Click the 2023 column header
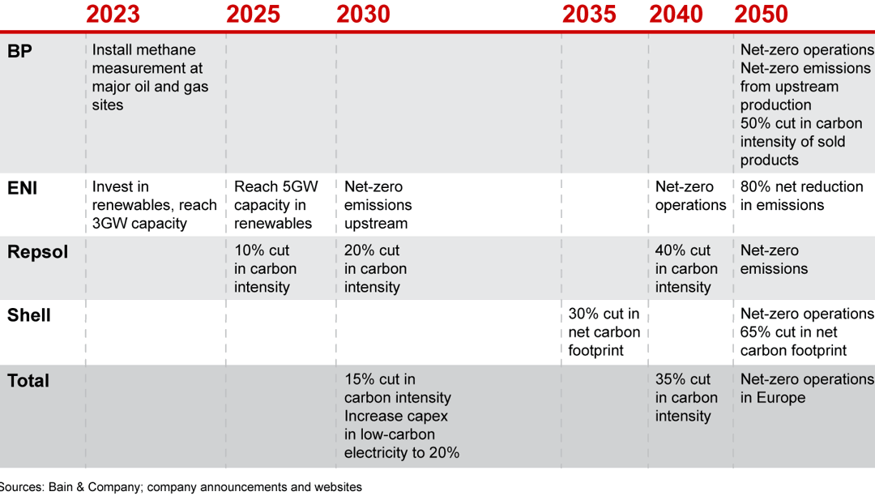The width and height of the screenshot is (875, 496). click(113, 14)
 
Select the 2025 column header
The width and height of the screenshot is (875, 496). click(253, 14)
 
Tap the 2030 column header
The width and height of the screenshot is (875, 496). click(363, 14)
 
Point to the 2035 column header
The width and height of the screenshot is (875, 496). click(589, 14)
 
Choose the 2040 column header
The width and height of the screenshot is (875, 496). click(676, 14)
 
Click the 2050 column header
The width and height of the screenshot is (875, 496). click(761, 14)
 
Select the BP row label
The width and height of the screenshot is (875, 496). click(19, 51)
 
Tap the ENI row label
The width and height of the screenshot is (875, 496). click(22, 188)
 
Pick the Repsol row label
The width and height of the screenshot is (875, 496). click(37, 252)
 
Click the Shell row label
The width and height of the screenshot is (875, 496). click(29, 315)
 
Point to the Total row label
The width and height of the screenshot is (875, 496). click(28, 381)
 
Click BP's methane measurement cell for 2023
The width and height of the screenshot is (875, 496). click(150, 77)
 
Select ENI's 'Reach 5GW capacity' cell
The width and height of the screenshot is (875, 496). click(275, 204)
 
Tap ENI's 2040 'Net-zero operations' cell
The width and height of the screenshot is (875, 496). click(690, 195)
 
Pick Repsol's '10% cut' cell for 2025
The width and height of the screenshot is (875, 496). click(265, 268)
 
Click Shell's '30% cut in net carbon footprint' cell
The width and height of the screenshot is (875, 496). click(604, 331)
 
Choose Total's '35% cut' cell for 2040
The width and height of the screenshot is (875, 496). click(686, 397)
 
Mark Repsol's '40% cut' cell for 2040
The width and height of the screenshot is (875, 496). click(686, 268)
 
